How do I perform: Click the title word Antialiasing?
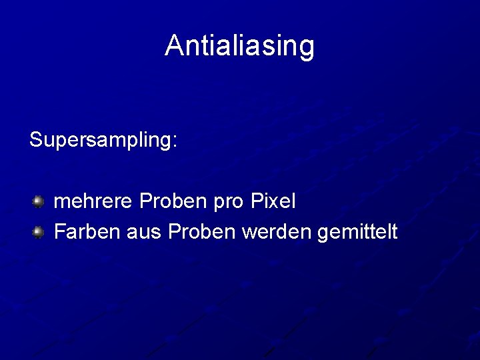tap(239, 46)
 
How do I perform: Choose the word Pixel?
tap(273, 200)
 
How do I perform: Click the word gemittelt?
tap(358, 232)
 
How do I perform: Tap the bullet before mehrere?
tap(39, 200)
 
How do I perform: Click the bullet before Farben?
tap(39, 232)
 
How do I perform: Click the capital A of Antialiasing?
tap(173, 45)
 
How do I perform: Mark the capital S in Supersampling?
tap(36, 139)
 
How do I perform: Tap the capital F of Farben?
tap(59, 231)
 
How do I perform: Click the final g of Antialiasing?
tap(307, 48)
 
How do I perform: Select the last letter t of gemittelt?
tap(394, 232)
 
